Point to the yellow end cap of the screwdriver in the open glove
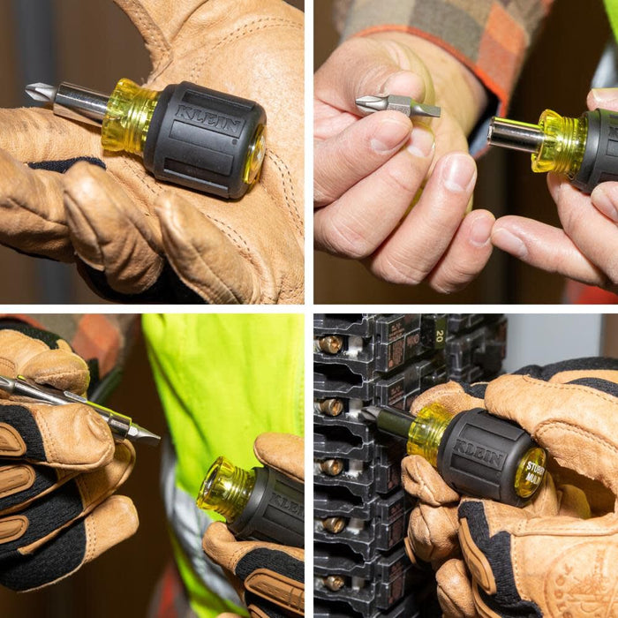click(x=255, y=154)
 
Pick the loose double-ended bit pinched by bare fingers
click(x=397, y=105)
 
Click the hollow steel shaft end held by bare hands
click(x=513, y=134)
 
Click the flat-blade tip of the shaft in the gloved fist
click(x=146, y=433)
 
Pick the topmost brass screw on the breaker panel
click(x=330, y=344)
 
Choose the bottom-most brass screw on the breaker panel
click(x=333, y=583)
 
